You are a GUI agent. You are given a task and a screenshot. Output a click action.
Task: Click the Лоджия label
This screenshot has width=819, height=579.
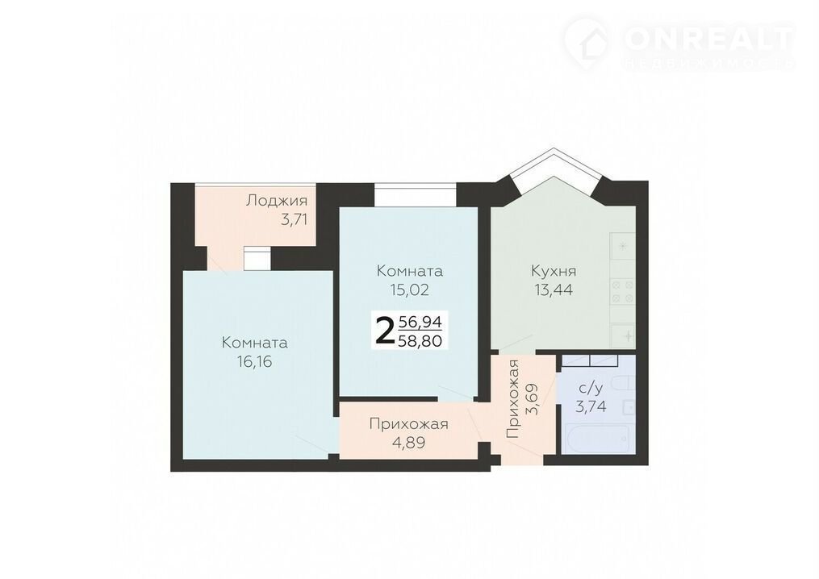(x=277, y=201)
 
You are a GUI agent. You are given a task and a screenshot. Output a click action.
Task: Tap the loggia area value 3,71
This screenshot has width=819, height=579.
(x=294, y=219)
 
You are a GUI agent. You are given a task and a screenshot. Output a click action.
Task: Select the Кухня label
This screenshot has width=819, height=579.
(x=554, y=272)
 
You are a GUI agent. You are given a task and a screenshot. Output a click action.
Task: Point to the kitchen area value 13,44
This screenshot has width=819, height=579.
(x=554, y=289)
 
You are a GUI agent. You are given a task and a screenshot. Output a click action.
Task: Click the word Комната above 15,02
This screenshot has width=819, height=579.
(x=410, y=271)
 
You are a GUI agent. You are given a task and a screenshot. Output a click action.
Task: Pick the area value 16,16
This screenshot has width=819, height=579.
(x=254, y=361)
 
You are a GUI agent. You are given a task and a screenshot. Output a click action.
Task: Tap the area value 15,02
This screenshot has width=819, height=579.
(x=410, y=289)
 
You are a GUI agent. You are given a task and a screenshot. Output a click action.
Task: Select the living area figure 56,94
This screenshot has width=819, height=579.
(x=420, y=322)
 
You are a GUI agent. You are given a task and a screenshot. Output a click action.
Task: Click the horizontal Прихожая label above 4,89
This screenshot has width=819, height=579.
(x=408, y=424)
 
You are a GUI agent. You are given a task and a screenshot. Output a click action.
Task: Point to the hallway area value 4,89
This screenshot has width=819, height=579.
(x=408, y=443)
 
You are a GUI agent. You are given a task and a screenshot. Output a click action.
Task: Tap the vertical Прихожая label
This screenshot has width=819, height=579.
(x=515, y=399)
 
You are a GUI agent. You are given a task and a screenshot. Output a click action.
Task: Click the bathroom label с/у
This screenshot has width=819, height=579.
(x=591, y=389)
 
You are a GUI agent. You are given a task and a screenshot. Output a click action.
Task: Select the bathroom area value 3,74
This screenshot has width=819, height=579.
(x=591, y=406)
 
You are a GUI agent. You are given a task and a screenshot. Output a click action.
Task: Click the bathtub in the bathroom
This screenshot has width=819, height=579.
(x=598, y=439)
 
